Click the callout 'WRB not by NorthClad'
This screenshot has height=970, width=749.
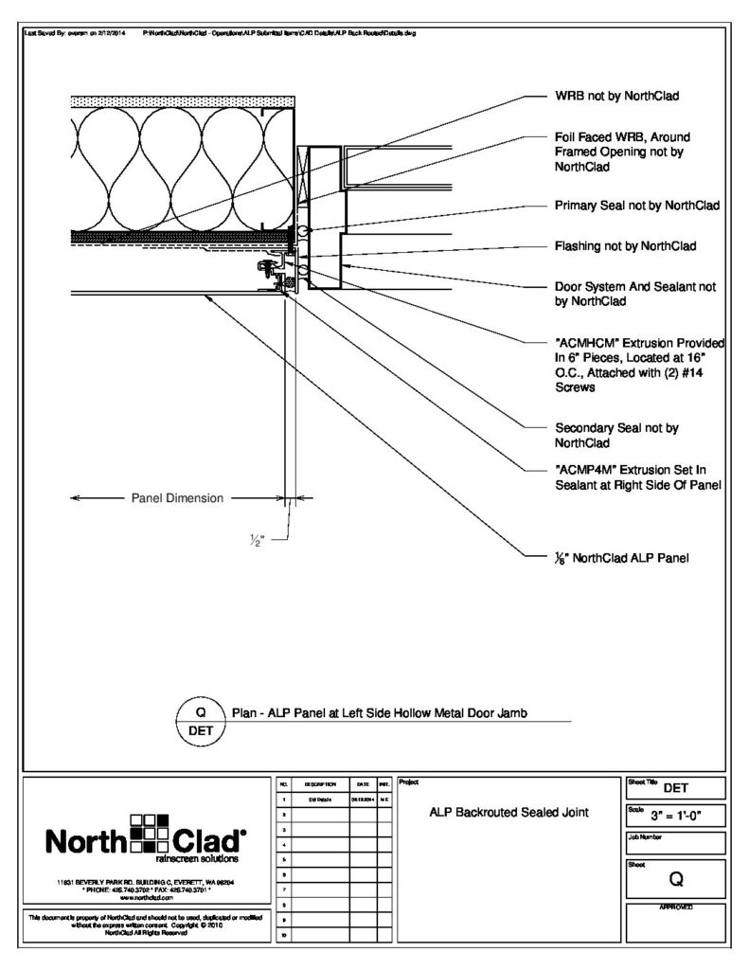tap(617, 96)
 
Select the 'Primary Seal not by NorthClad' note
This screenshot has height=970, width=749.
tap(636, 205)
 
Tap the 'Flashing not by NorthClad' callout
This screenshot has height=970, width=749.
tap(625, 246)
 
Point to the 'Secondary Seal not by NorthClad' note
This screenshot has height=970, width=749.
tap(616, 435)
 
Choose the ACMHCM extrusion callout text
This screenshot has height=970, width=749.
tap(639, 364)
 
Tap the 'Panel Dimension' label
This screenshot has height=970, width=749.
tap(177, 497)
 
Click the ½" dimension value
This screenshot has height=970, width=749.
tap(257, 541)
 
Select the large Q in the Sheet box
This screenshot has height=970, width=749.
tap(676, 879)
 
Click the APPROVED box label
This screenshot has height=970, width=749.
tap(676, 907)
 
